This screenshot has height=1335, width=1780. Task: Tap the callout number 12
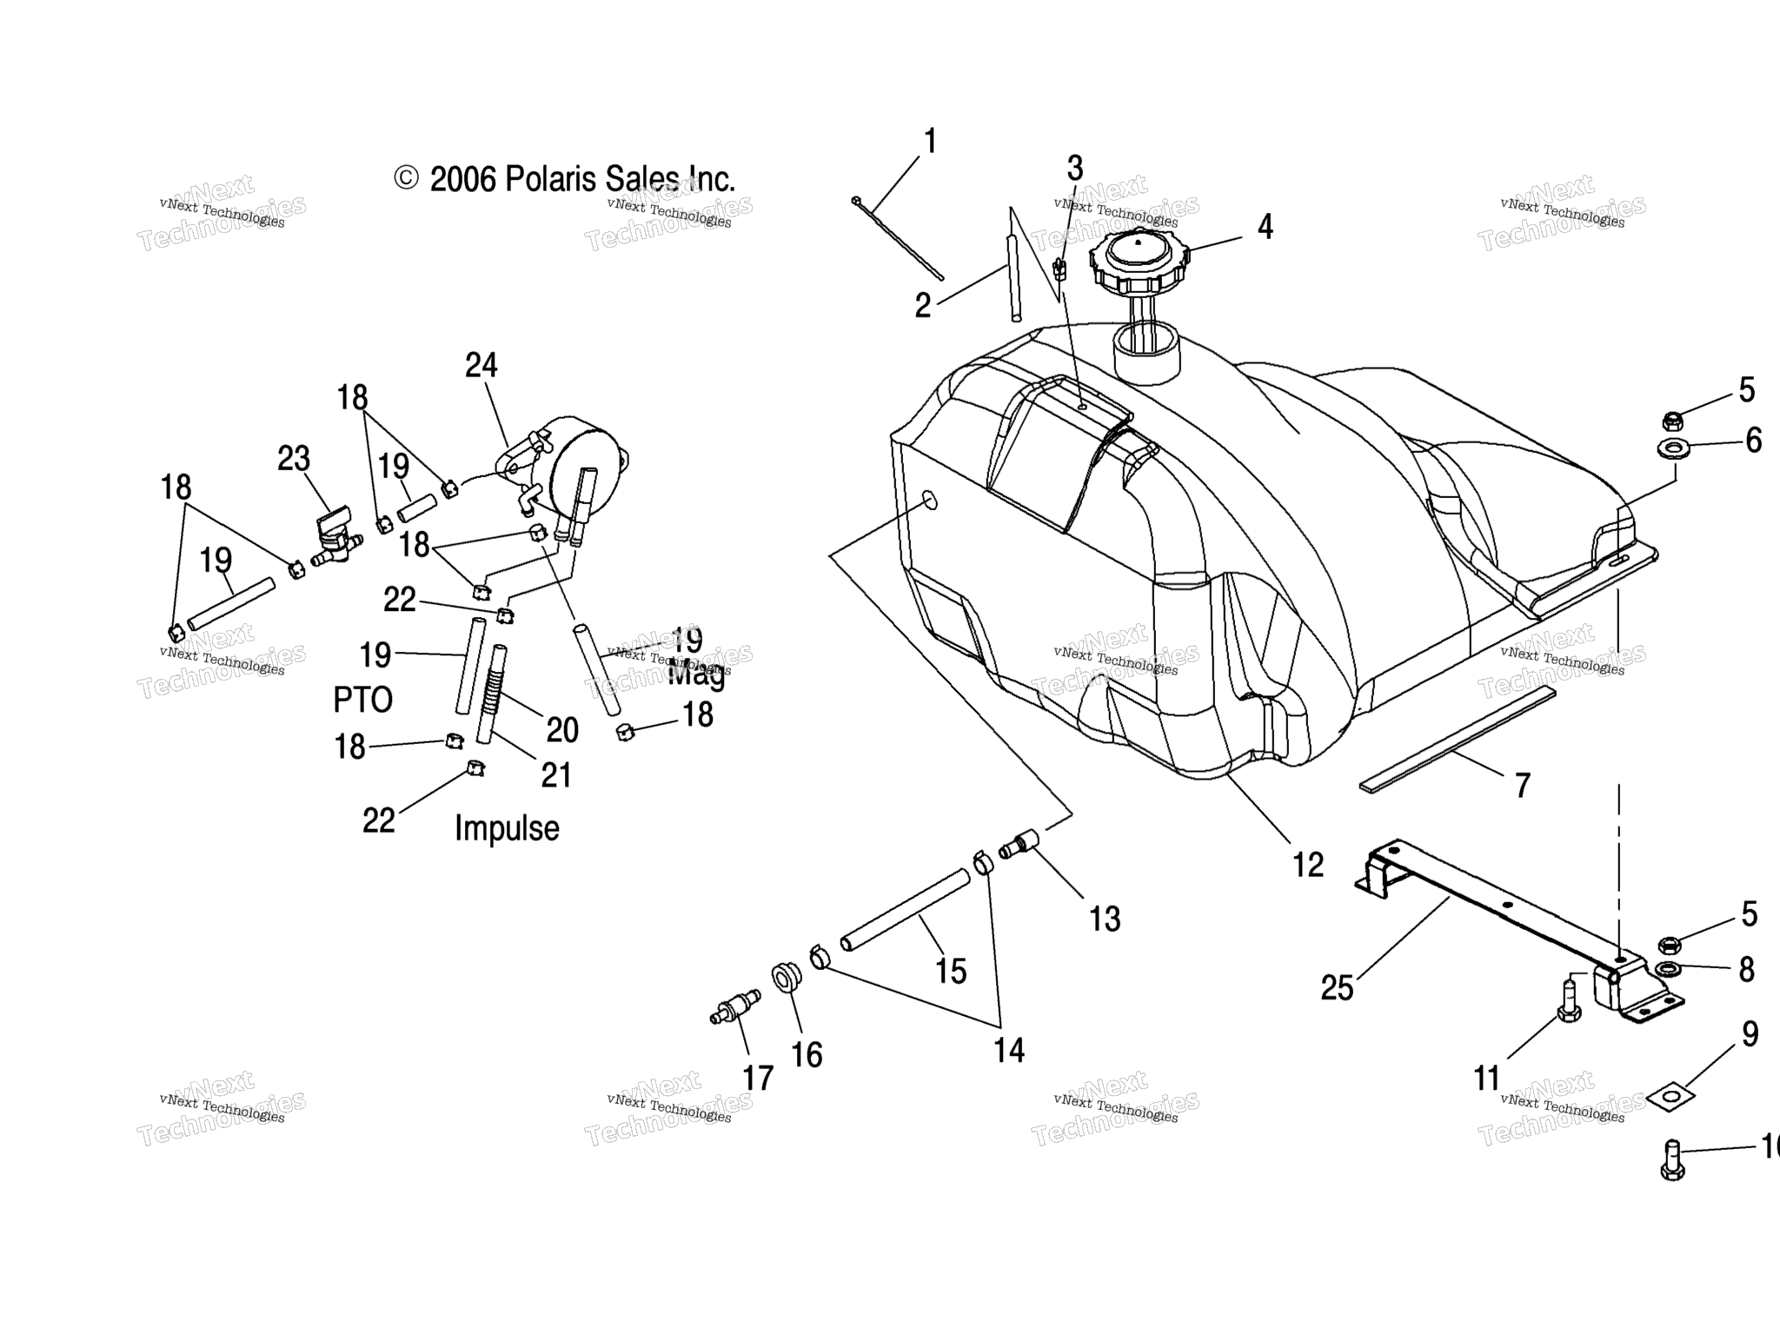click(1307, 865)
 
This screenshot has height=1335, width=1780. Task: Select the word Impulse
click(507, 828)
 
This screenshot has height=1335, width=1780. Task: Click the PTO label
click(362, 700)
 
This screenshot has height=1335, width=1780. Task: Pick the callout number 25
click(1337, 988)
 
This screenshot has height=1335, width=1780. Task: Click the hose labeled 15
click(904, 910)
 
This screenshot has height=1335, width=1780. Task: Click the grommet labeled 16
click(786, 977)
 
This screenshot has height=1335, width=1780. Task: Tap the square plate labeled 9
click(1671, 1098)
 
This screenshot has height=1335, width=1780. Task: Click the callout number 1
click(930, 141)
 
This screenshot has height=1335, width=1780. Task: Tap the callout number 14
click(1009, 1050)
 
